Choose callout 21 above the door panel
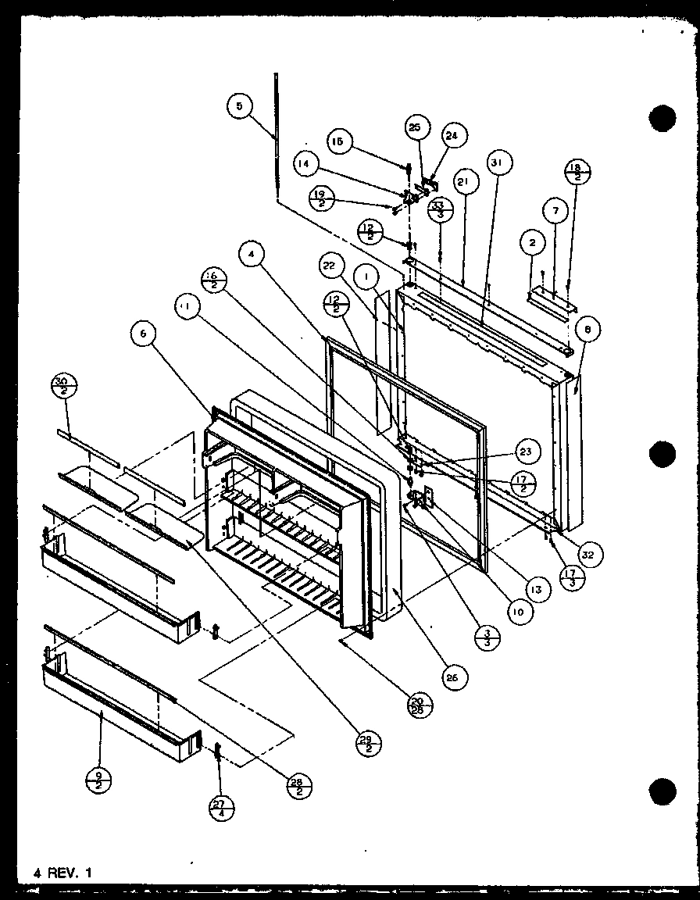click(x=462, y=183)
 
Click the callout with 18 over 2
click(x=578, y=173)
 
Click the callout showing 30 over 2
click(x=62, y=386)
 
